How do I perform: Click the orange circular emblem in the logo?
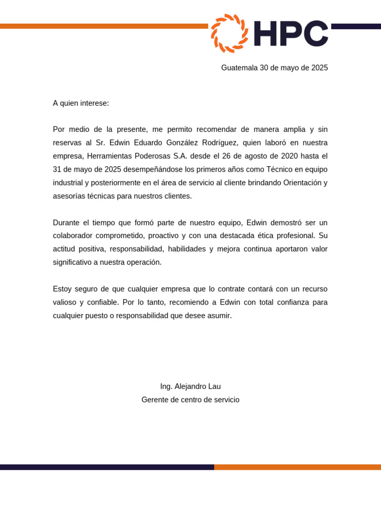click(x=229, y=33)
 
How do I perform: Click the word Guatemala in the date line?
click(x=239, y=68)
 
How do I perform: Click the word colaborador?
click(x=73, y=236)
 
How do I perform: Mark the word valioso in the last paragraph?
click(x=64, y=303)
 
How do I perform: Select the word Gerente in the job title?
click(x=155, y=400)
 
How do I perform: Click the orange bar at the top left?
click(x=99, y=26)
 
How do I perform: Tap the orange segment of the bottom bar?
click(x=298, y=467)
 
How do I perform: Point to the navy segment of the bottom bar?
click(x=107, y=467)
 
